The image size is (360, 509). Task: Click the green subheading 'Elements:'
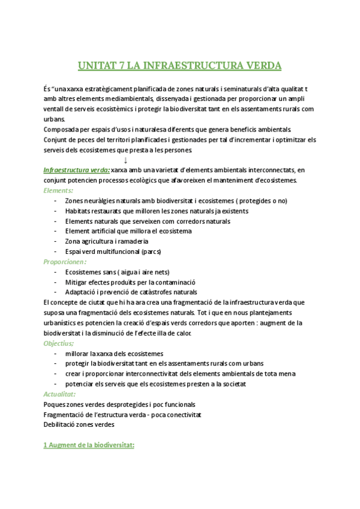click(x=58, y=190)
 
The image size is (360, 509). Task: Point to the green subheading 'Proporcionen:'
click(x=65, y=262)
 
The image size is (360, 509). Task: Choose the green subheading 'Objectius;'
click(x=59, y=343)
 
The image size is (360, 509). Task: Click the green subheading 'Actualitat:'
click(x=59, y=394)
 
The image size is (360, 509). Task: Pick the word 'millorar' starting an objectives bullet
click(x=78, y=354)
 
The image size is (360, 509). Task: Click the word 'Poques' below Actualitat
click(x=55, y=405)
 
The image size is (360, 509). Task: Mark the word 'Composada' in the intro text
click(x=62, y=129)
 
